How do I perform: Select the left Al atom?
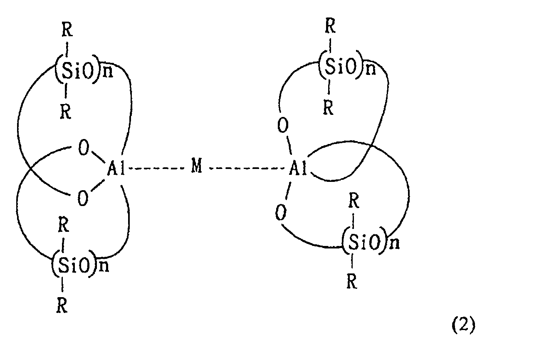pos(116,168)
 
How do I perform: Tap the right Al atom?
pos(298,168)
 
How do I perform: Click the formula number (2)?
pos(463,325)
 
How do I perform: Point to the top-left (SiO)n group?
pos(84,69)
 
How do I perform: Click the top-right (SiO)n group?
pos(347,65)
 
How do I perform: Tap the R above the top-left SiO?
pos(67,30)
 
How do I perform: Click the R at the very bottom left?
pos(62,305)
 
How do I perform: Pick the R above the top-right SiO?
pos(330,25)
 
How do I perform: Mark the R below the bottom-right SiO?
pos(352,281)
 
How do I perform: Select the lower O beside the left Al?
pos(82,198)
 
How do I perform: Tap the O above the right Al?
pos(283,125)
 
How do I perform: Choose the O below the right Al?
pos(281,212)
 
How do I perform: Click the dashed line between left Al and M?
pos(156,168)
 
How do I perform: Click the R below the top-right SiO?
pos(329,107)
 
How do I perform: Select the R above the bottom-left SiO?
pos(64,225)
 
